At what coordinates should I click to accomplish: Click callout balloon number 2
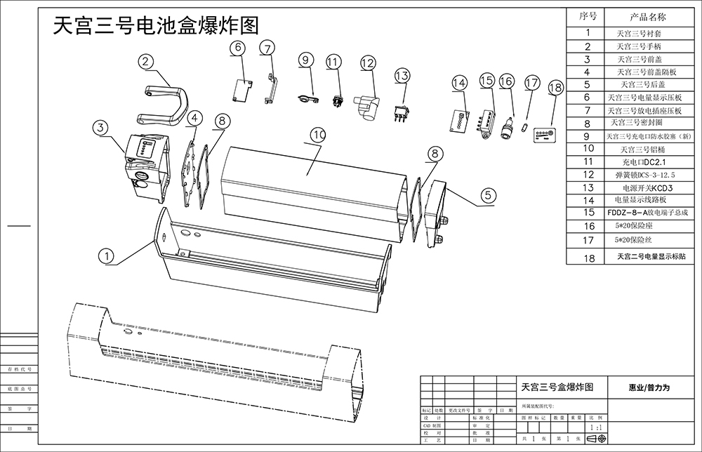[145, 62]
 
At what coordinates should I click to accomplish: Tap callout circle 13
[401, 75]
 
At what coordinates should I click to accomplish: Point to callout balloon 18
[555, 88]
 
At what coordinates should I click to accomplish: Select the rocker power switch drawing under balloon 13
[402, 112]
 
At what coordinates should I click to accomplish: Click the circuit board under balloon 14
[458, 121]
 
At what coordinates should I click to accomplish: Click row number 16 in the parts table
[588, 226]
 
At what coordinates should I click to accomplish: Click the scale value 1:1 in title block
[597, 426]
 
